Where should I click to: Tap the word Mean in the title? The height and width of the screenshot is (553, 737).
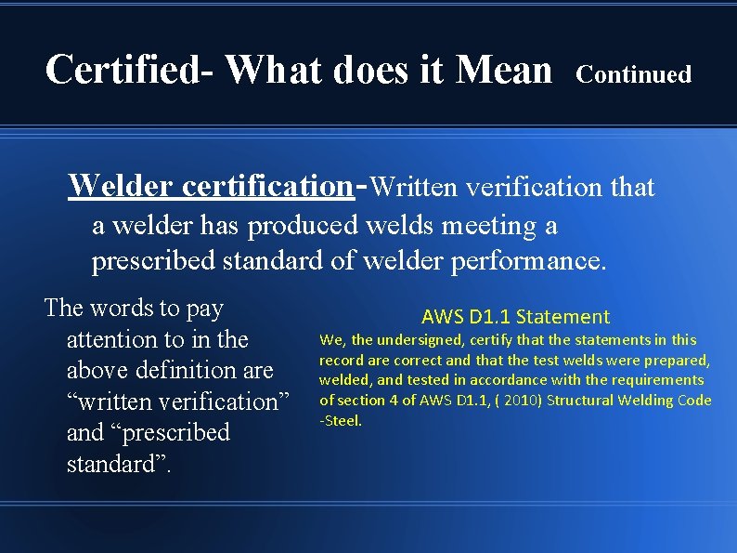pyautogui.click(x=501, y=69)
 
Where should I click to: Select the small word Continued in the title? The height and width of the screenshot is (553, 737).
pyautogui.click(x=634, y=74)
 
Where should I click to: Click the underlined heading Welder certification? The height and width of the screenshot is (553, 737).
pyautogui.click(x=211, y=186)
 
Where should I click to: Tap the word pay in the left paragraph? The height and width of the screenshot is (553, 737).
pyautogui.click(x=203, y=309)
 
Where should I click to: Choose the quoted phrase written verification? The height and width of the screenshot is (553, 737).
pyautogui.click(x=178, y=402)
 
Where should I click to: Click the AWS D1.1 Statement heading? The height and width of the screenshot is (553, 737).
pyautogui.click(x=515, y=317)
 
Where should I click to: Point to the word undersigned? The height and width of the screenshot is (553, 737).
pyautogui.click(x=426, y=340)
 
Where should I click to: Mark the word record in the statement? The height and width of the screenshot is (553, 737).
pyautogui.click(x=341, y=360)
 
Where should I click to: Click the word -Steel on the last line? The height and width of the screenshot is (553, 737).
pyautogui.click(x=341, y=420)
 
